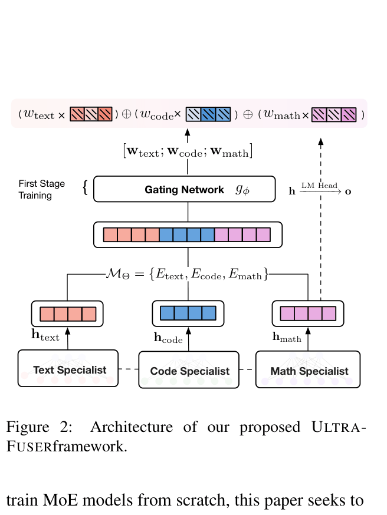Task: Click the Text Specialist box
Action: point(70,369)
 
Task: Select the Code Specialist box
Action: point(189,370)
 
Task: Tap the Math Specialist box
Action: point(309,370)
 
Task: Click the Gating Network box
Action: point(185,190)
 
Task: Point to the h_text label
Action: point(45,336)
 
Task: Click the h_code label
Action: point(168,338)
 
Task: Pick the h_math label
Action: point(287,337)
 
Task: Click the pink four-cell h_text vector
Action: point(67,313)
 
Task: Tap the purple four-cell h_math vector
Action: point(308,313)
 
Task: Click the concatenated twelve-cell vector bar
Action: point(187,235)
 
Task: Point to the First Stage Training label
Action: point(41,189)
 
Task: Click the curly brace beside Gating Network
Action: point(86,189)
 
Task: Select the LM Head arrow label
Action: point(319,186)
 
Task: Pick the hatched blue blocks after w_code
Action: point(207,114)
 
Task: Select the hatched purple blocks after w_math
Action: point(334,114)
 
